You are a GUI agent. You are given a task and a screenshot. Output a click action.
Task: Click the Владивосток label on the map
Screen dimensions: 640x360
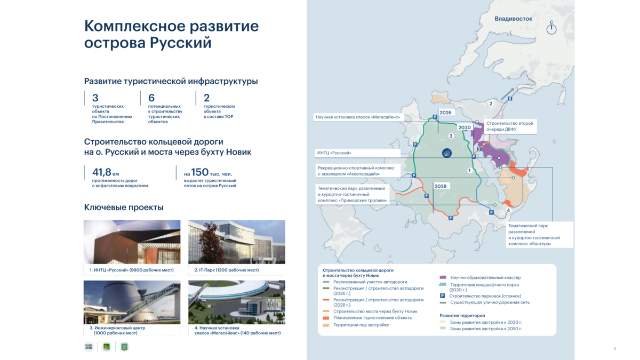[x=514, y=19]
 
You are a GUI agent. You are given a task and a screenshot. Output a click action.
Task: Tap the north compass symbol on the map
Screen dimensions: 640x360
[x=551, y=28]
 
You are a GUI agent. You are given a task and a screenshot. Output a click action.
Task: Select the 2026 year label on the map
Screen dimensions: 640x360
[x=445, y=113]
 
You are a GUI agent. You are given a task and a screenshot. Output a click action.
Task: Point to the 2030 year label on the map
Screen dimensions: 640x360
[x=465, y=127]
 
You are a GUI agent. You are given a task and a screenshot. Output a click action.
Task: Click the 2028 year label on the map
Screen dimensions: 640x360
[x=441, y=186]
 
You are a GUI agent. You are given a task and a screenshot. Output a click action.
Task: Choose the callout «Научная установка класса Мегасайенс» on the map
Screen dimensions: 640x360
[x=358, y=117]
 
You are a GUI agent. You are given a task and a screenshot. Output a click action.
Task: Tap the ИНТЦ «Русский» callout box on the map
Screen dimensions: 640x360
[x=358, y=153]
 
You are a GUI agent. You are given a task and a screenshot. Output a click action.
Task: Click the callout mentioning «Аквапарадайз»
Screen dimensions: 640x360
[x=358, y=171]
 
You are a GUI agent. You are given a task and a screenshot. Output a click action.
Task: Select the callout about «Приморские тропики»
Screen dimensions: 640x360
[x=353, y=195]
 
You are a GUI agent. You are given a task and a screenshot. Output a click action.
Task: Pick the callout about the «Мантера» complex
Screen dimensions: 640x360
[x=539, y=235]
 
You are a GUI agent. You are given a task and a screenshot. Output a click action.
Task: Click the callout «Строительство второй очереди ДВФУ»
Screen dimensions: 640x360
[x=510, y=126]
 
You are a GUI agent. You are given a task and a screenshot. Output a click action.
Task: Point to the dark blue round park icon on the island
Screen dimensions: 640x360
[x=447, y=153]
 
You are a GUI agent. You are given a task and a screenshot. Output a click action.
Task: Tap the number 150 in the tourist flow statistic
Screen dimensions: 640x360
[x=199, y=172]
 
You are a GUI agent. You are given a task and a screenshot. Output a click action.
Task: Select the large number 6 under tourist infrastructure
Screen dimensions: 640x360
[x=151, y=98]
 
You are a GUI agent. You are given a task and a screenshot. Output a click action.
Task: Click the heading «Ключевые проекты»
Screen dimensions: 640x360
[x=124, y=207]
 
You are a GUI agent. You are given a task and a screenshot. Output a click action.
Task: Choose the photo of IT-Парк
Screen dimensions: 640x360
[x=237, y=242]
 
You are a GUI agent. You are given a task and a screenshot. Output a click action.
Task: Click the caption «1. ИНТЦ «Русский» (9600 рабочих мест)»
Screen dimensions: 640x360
[x=131, y=270]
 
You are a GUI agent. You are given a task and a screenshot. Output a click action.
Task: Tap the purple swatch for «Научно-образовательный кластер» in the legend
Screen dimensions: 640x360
[x=443, y=277]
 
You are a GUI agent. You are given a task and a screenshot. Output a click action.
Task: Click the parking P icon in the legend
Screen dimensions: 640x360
[x=442, y=296]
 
